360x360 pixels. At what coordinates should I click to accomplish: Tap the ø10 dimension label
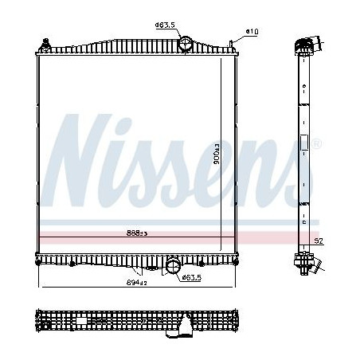tap(252, 31)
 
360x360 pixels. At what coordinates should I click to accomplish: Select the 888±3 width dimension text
tap(136, 233)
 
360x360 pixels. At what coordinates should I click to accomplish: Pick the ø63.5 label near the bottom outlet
tap(191, 276)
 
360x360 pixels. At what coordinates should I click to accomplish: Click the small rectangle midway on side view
tap(303, 144)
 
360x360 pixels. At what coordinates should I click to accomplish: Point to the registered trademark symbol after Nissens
tap(318, 143)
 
